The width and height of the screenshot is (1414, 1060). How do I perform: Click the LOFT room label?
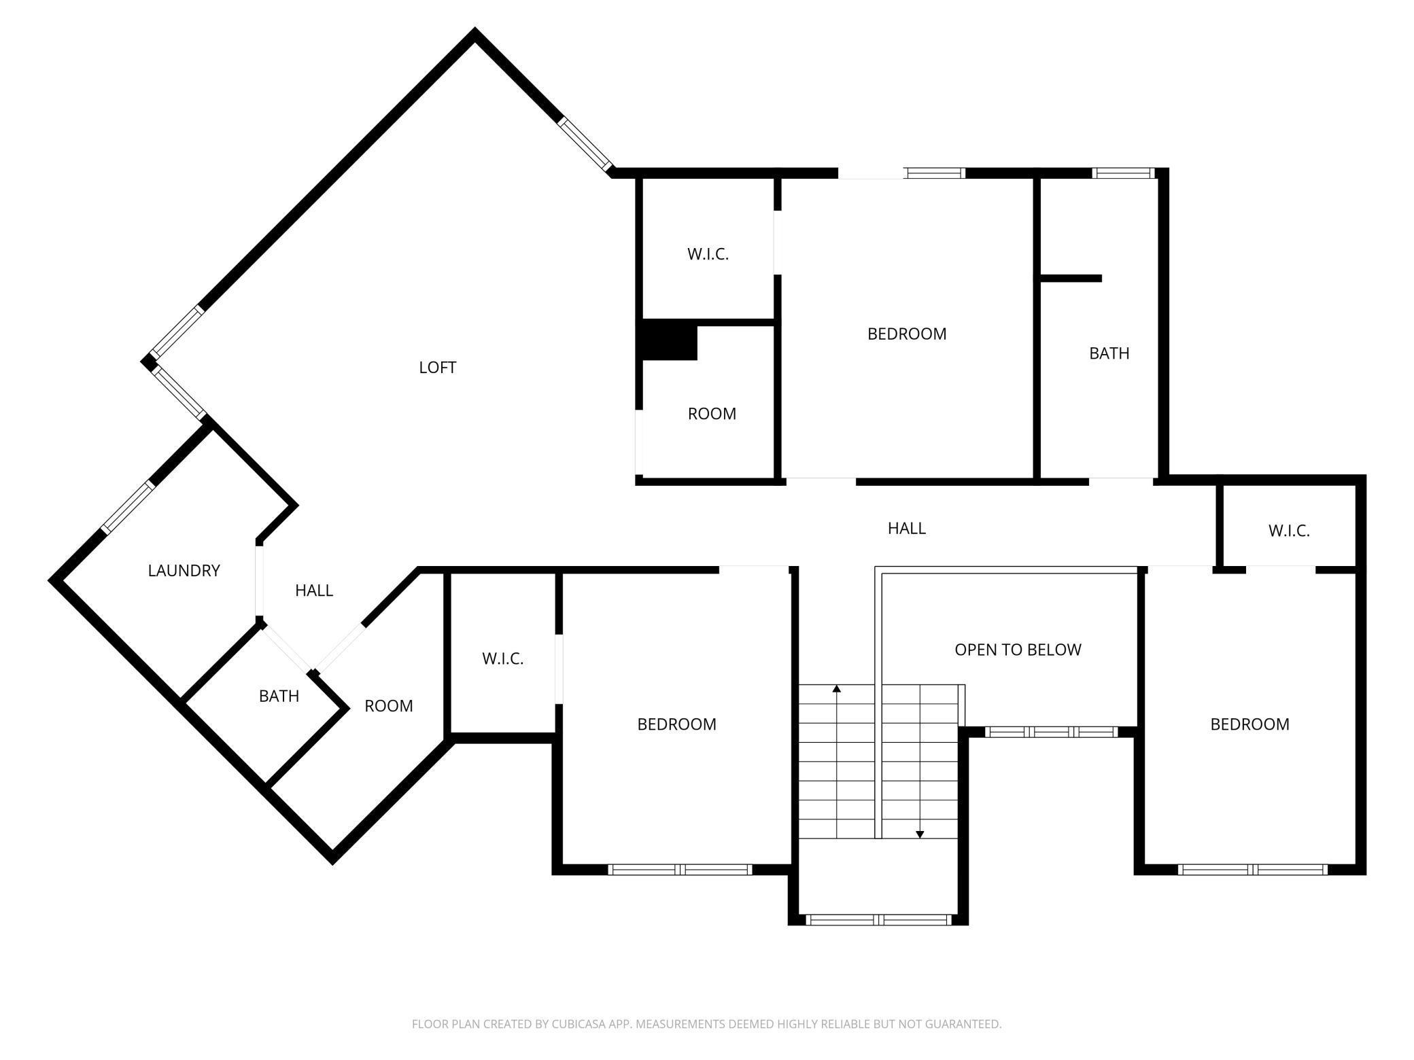tap(437, 368)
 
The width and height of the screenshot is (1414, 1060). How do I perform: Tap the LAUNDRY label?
tap(184, 571)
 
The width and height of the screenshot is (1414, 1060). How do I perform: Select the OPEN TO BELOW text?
tap(1018, 650)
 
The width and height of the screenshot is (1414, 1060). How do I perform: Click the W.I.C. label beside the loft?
tap(708, 254)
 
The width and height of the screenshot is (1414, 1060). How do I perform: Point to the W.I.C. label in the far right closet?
tap(1289, 531)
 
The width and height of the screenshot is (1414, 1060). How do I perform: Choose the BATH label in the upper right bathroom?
tap(1109, 353)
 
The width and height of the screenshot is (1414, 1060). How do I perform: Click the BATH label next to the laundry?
tap(279, 696)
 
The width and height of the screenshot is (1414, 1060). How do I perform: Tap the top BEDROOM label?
tap(907, 334)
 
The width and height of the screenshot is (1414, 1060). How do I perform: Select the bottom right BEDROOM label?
tap(1249, 724)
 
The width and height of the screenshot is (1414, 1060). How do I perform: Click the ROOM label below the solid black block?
tap(712, 414)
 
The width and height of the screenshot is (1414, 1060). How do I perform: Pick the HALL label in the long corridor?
tap(907, 528)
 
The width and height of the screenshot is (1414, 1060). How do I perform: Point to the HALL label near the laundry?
tap(314, 590)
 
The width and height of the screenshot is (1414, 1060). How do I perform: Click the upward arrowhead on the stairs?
tap(837, 688)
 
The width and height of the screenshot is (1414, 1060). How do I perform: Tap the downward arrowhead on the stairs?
tap(920, 834)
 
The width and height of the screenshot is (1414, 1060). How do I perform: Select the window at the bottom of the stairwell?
tap(878, 920)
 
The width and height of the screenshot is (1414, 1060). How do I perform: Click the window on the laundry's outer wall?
tap(126, 508)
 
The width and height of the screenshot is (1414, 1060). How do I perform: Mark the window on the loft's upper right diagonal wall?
tap(585, 143)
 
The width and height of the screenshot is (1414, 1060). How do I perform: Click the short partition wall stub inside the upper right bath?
tap(1071, 278)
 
